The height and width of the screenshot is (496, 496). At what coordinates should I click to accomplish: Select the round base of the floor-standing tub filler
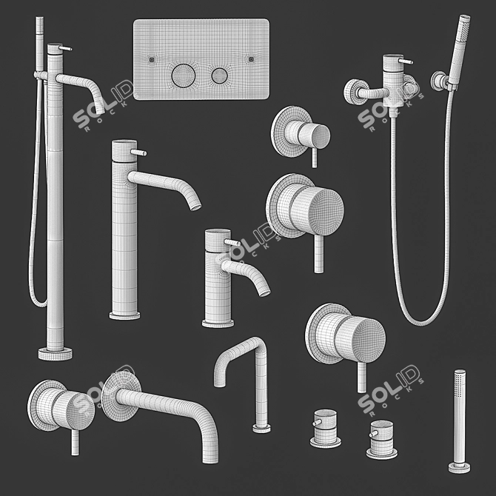(55, 352)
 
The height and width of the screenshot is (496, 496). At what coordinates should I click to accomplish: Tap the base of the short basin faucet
(218, 322)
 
